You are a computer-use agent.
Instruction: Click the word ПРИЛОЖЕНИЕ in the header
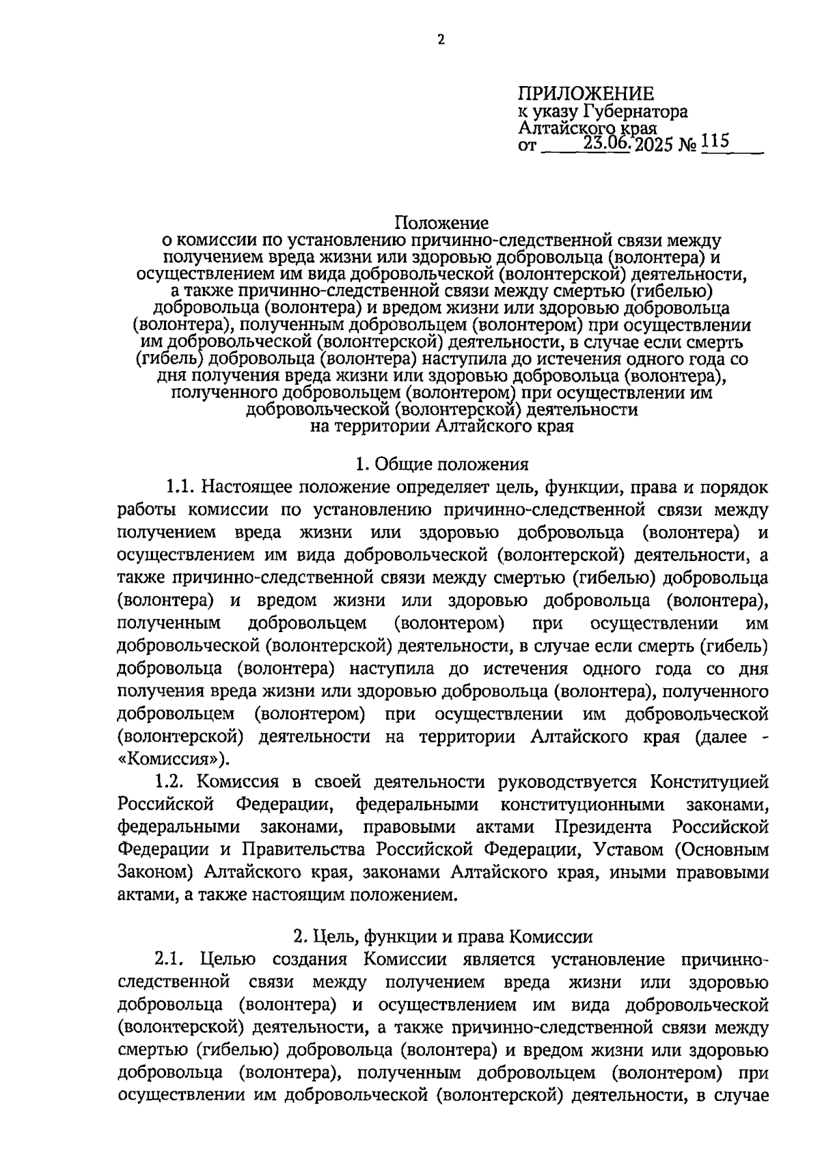[586, 94]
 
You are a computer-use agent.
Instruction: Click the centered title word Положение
[441, 223]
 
